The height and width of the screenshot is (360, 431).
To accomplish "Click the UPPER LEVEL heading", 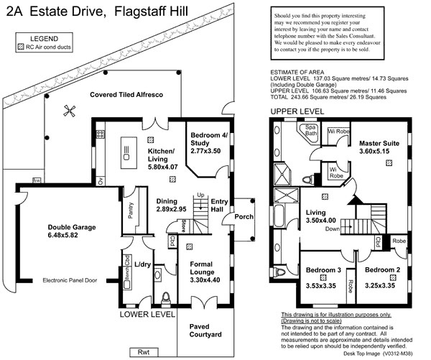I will point(297,111).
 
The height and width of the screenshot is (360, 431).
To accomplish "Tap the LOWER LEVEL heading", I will point(148,314).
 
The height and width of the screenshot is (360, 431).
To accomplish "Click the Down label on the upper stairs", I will point(332,229).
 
